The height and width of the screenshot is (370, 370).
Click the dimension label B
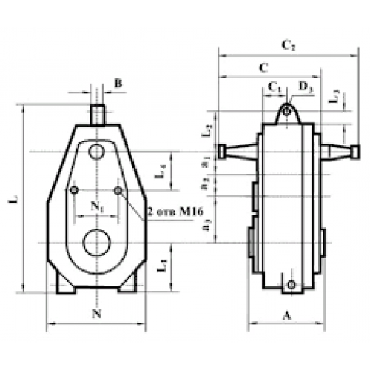point(118,84)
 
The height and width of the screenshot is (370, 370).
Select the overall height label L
point(14,200)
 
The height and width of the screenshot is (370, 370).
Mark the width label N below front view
point(95,313)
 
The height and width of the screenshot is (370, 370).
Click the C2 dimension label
point(289,46)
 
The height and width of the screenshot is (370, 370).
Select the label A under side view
point(286,314)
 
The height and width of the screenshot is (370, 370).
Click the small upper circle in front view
point(96,152)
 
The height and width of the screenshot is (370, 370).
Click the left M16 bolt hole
point(73,191)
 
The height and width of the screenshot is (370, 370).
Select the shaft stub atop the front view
point(96,115)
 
